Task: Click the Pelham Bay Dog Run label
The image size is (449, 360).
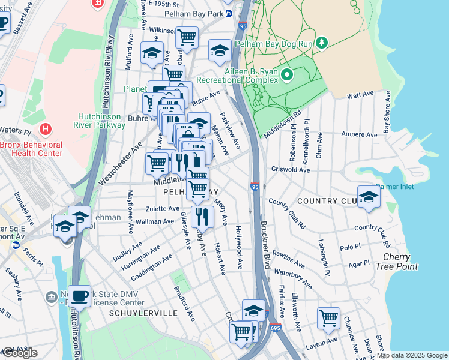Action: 280,44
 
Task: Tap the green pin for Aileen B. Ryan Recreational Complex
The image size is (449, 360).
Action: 287,75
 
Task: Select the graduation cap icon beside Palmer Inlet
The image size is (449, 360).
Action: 369,196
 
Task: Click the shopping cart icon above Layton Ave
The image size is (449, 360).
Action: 328,318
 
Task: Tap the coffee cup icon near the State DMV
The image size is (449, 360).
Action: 79,295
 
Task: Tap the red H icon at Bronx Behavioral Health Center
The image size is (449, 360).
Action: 45,129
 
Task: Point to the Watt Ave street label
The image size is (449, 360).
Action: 360,95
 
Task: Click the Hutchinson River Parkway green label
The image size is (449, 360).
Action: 101,121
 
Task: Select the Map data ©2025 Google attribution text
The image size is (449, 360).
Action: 412,355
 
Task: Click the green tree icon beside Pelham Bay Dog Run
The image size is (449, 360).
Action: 322,42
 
